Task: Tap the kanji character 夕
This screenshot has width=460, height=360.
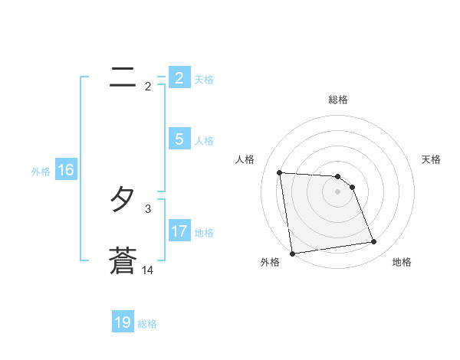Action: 123,201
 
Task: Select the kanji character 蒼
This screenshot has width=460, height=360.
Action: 123,261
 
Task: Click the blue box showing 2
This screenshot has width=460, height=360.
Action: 179,78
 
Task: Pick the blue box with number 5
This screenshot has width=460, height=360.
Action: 179,139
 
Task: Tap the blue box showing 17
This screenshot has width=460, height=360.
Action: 179,231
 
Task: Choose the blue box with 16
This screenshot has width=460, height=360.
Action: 66,170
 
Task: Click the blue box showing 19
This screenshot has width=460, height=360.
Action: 123,322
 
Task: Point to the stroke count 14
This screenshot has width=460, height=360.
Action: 148,270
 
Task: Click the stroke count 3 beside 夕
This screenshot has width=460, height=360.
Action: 148,208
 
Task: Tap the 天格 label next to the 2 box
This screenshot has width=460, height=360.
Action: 204,79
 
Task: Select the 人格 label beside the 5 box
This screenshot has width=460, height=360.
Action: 204,141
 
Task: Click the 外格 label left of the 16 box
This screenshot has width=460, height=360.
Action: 41,172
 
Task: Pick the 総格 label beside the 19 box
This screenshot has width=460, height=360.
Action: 147,324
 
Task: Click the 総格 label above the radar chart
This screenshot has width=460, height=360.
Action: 338,100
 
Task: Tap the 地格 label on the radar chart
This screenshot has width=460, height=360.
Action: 402,262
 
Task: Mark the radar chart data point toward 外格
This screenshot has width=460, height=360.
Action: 292,253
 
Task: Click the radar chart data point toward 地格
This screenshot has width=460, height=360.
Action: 374,242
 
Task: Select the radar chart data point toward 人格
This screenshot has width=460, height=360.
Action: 280,172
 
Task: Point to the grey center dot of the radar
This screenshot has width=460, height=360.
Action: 338,191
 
